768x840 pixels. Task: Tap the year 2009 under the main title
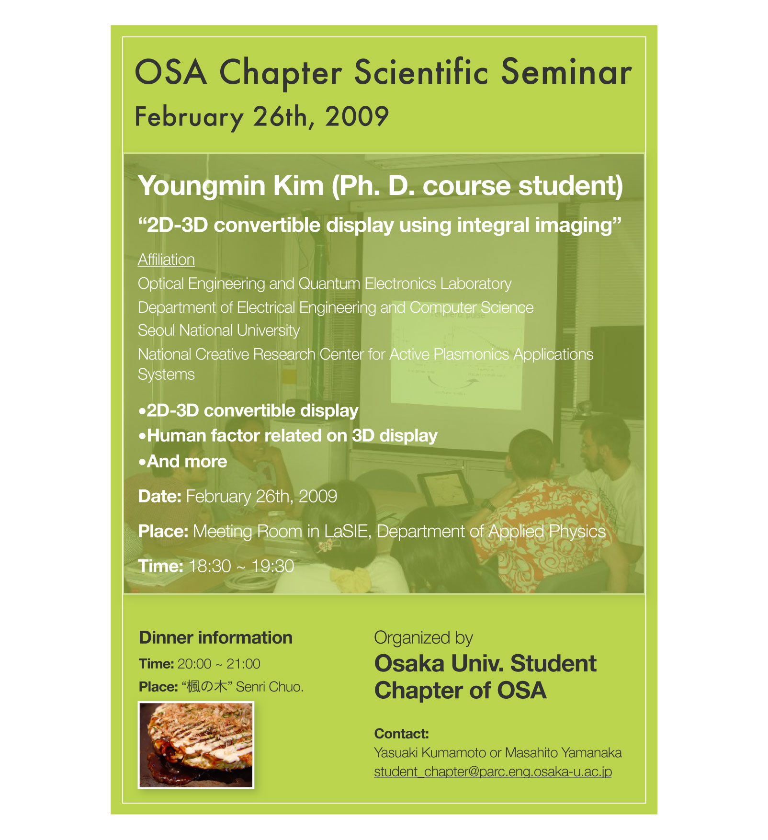(357, 116)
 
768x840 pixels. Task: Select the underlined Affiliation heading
(166, 260)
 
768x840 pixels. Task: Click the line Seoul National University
(219, 330)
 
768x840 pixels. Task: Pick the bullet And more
(182, 461)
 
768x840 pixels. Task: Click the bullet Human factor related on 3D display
(288, 436)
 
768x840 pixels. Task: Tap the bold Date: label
(159, 497)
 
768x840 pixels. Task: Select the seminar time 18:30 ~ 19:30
(241, 567)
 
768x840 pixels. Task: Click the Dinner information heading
(215, 638)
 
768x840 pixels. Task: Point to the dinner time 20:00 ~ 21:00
(219, 664)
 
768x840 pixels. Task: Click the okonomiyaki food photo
(196, 745)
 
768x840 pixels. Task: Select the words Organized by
(423, 638)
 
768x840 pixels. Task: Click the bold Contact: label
(401, 734)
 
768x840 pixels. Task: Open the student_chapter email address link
(493, 772)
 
